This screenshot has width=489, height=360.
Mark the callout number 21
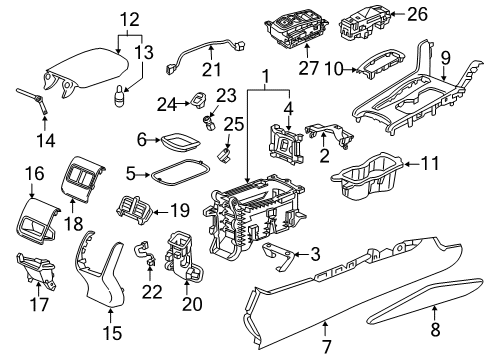(x=210, y=69)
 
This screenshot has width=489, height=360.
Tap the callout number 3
(x=317, y=255)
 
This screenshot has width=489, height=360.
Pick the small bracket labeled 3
(x=282, y=258)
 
